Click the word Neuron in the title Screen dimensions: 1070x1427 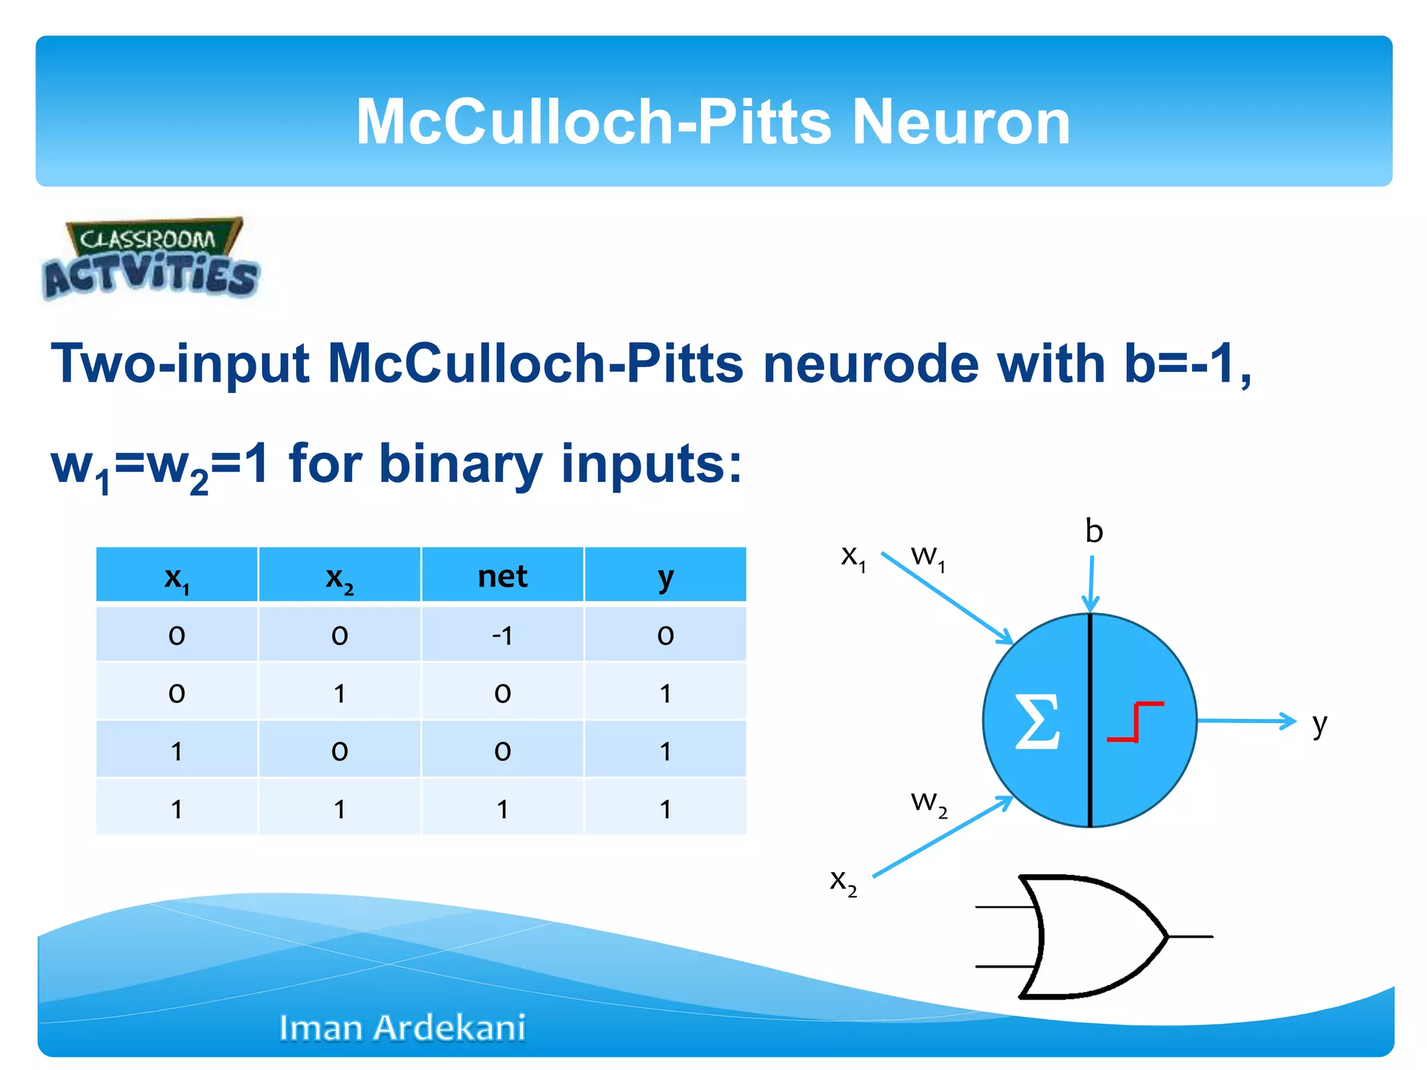click(x=961, y=122)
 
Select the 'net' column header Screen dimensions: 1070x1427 click(x=502, y=576)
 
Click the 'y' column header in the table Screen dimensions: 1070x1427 click(x=665, y=576)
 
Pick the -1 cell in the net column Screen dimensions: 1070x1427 click(x=502, y=635)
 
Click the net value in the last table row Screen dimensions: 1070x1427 click(x=502, y=809)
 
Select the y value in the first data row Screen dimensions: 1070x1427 click(x=665, y=635)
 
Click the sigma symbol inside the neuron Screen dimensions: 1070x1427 click(x=1037, y=721)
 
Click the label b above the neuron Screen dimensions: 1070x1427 click(x=1094, y=532)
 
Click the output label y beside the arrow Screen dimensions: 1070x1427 click(x=1319, y=724)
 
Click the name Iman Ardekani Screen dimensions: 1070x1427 click(x=402, y=1028)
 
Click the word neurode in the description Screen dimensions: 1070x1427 click(x=870, y=364)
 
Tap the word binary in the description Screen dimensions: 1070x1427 click(x=461, y=464)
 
